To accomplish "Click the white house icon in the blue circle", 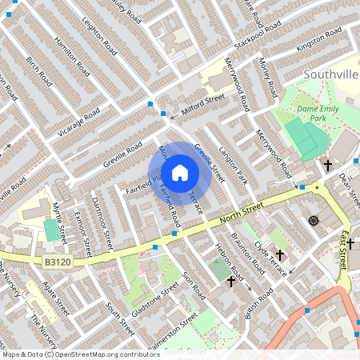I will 180,172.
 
